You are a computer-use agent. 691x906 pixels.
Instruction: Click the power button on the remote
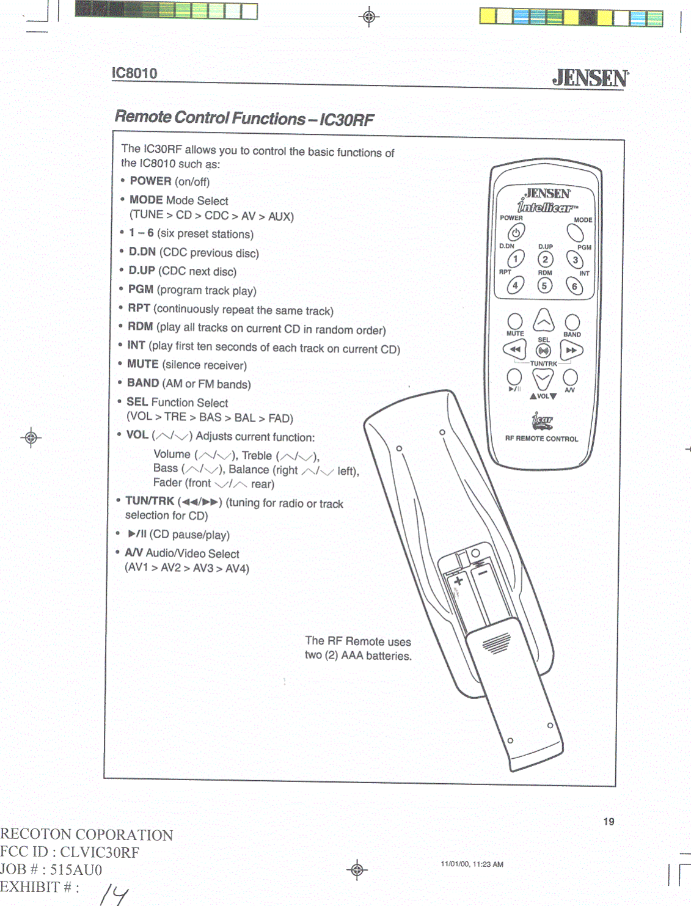516,232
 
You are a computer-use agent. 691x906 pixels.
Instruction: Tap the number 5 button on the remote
544,285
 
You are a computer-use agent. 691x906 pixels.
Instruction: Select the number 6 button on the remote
574,285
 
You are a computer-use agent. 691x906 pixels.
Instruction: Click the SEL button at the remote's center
543,351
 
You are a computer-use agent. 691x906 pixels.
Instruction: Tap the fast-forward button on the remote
571,350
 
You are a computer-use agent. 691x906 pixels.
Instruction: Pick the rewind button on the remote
514,349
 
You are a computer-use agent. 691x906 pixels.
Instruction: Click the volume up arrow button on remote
543,320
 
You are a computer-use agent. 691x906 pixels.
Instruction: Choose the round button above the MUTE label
515,321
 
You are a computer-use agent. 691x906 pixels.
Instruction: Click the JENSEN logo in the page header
590,78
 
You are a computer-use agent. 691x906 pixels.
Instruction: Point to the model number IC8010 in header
134,73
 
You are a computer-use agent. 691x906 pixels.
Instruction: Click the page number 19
609,822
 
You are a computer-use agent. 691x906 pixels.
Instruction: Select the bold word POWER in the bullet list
150,181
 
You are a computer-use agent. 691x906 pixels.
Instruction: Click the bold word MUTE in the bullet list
143,364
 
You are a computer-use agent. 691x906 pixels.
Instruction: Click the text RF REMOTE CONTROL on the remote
541,439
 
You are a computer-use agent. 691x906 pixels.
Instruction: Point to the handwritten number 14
114,894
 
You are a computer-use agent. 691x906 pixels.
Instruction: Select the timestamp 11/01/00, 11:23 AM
472,864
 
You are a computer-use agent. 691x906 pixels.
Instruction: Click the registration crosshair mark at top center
369,16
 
